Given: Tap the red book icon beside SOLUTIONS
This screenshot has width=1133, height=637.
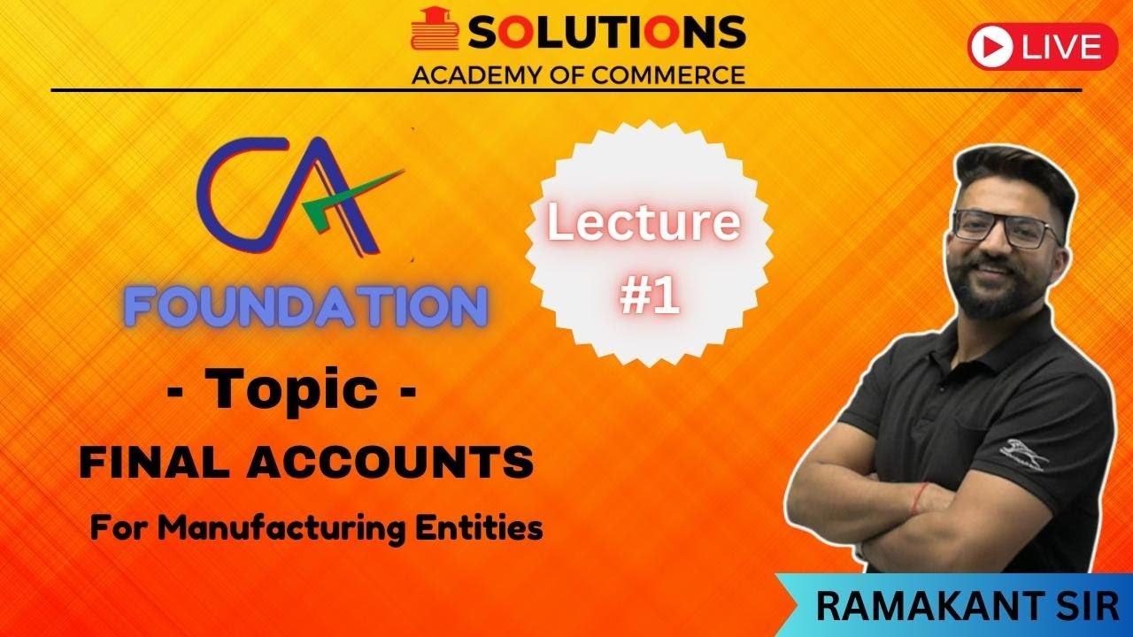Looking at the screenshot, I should click(435, 32).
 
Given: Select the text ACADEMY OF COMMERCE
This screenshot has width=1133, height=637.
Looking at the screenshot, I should click(578, 74).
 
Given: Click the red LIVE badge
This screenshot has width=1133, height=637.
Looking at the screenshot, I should click(1043, 46).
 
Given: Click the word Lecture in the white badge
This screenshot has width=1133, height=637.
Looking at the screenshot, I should click(643, 223).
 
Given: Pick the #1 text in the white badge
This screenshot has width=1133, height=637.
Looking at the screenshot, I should click(649, 297).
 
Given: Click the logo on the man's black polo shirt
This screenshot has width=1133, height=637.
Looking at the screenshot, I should click(1022, 457).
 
